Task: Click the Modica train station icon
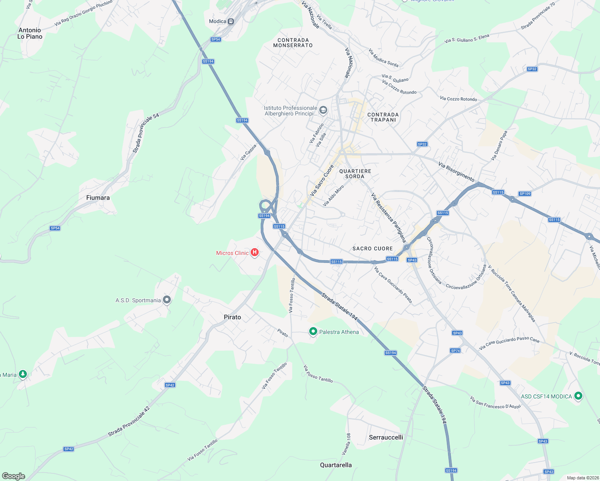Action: [231, 22]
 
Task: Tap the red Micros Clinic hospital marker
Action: [254, 253]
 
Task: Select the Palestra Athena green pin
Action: [313, 331]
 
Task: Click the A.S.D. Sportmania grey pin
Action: [167, 300]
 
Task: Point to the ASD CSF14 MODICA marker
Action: [578, 396]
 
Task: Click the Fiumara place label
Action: [98, 198]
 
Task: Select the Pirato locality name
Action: [232, 317]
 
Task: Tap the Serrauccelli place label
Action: [386, 437]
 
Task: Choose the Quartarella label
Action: [336, 465]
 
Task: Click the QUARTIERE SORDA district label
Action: [355, 174]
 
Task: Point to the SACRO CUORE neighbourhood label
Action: [373, 249]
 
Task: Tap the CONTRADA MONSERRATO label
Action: [293, 42]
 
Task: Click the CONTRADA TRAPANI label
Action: [383, 117]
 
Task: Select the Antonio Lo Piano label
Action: [30, 33]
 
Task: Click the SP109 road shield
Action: [525, 194]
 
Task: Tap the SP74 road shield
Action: [455, 351]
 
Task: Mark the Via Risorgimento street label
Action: [456, 172]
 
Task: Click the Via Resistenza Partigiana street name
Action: [388, 218]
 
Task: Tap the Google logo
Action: [14, 476]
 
